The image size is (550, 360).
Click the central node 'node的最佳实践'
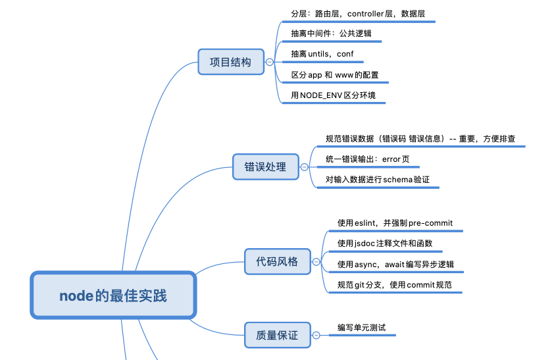[x=113, y=296]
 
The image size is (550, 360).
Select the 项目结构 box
[x=230, y=63]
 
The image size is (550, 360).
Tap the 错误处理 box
[x=265, y=167]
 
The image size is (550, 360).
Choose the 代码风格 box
[x=276, y=261]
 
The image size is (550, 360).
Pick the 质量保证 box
[x=276, y=335]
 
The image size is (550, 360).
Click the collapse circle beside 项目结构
[x=270, y=63]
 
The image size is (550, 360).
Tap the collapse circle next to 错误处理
[x=304, y=167]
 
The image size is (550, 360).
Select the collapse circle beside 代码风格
[x=316, y=262]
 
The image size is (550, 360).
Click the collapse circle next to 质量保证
[x=316, y=335]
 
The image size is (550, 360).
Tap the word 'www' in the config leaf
[x=344, y=75]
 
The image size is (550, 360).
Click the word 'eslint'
[x=365, y=223]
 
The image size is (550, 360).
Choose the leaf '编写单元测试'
[x=361, y=327]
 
